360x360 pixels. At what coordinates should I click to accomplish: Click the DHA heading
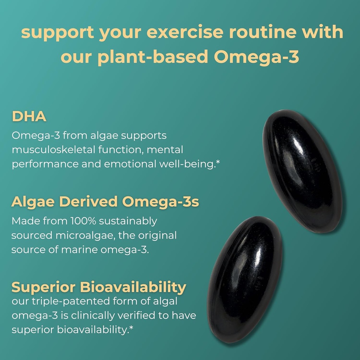(29, 117)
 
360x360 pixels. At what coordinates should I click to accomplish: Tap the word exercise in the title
(185, 32)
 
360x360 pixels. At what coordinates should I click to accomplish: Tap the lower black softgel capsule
(245, 279)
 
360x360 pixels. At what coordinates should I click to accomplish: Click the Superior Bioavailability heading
(99, 287)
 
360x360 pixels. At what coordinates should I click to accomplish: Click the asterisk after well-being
(217, 163)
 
